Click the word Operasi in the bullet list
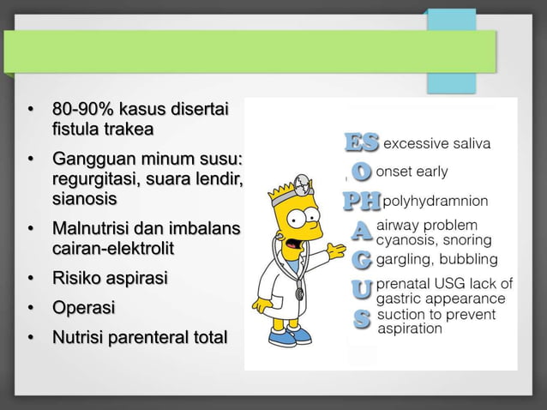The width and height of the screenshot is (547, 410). point(84,307)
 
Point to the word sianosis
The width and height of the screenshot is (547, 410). point(85,199)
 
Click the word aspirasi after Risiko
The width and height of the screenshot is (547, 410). point(137,278)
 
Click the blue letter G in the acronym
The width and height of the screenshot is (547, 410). point(363,258)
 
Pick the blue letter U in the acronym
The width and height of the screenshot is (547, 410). point(363,289)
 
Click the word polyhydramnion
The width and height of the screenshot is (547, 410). point(436,202)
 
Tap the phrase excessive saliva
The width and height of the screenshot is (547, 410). point(436,143)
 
